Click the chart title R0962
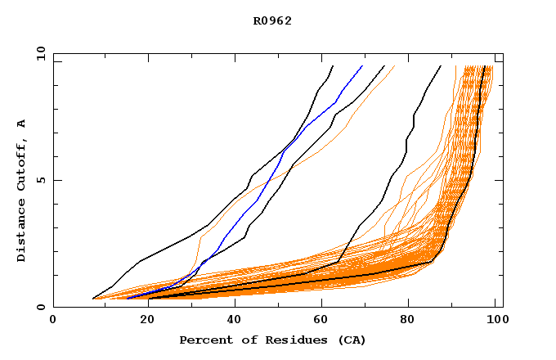272,20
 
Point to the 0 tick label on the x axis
53,320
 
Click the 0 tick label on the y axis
41,308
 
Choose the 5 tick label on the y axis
41,180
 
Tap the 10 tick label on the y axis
39,53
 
